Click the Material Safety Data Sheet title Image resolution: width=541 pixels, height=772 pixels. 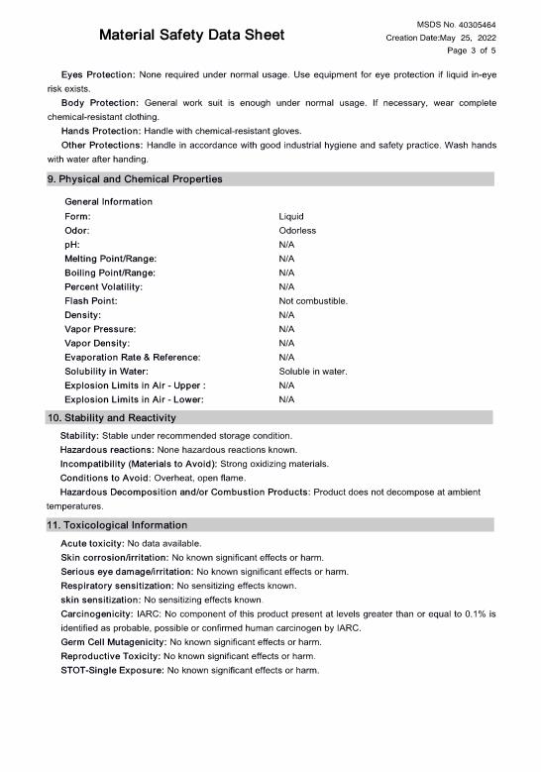pyautogui.click(x=191, y=36)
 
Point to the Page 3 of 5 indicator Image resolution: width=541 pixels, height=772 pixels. pyautogui.click(x=472, y=51)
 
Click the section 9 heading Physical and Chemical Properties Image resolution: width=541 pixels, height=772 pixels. pyautogui.click(x=135, y=179)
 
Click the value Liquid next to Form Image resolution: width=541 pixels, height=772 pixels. pyautogui.click(x=291, y=216)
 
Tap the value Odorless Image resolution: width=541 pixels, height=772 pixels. pyautogui.click(x=297, y=230)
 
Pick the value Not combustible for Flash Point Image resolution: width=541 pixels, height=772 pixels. pyautogui.click(x=313, y=300)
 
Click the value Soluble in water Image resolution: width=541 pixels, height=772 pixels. pyautogui.click(x=313, y=371)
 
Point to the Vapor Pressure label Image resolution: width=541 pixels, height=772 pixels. pyautogui.click(x=100, y=328)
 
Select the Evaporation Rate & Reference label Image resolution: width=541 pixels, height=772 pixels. pyautogui.click(x=132, y=357)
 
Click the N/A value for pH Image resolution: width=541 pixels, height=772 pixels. pyautogui.click(x=286, y=244)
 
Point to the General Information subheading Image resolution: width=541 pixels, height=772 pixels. pyautogui.click(x=108, y=201)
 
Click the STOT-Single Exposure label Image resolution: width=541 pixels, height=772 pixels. pyautogui.click(x=112, y=671)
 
